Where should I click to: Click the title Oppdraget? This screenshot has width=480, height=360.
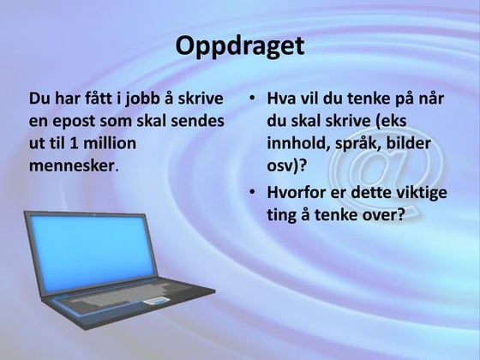[x=240, y=45]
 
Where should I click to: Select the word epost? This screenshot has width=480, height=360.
[x=72, y=121]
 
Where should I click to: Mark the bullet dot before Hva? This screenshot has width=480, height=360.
[x=252, y=99]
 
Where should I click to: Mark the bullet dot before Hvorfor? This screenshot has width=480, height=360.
[x=252, y=194]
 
